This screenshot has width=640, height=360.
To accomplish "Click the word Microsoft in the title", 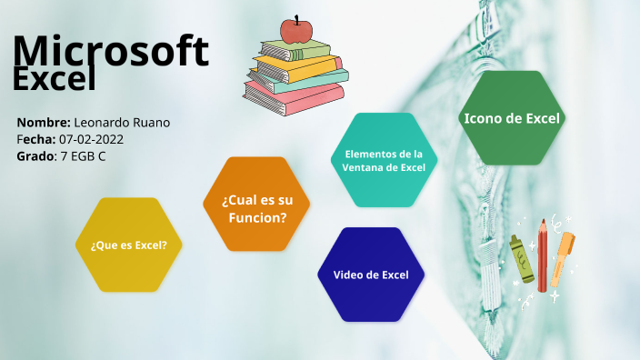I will (x=111, y=51).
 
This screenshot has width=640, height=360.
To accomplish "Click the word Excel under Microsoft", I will (x=55, y=79).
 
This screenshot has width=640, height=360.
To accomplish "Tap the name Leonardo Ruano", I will (x=122, y=123).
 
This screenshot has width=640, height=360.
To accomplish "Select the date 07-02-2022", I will (x=91, y=139).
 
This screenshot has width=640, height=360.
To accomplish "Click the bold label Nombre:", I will (x=43, y=123).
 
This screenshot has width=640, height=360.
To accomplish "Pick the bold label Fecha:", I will (x=35, y=139).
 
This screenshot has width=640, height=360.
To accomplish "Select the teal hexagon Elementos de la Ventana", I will (x=383, y=160).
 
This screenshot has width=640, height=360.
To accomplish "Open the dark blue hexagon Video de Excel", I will (x=371, y=275).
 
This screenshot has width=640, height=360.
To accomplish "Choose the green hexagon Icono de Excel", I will (x=513, y=118).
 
